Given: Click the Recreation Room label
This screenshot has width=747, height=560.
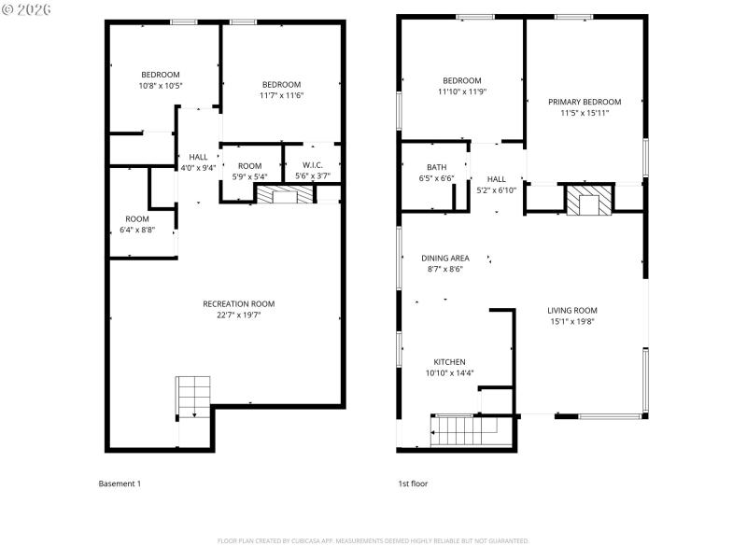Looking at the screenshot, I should click(x=239, y=303).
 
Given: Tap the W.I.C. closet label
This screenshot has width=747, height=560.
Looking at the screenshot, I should click(x=313, y=165).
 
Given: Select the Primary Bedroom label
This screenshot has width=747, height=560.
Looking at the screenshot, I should click(x=585, y=102).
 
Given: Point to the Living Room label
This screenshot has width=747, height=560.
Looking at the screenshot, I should click(x=573, y=311).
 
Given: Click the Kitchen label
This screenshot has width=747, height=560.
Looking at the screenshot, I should click(x=449, y=362).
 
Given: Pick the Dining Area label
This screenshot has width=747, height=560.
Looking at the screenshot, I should click(x=444, y=258).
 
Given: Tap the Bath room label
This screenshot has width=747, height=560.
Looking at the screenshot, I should click(x=437, y=168).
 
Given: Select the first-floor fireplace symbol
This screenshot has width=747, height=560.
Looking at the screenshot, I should click(x=589, y=201).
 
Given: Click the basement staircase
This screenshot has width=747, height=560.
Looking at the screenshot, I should click(x=194, y=397).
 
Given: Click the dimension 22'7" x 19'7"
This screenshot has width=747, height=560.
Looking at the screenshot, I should click(x=239, y=315).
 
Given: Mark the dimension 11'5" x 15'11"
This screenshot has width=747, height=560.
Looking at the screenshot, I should click(x=585, y=114).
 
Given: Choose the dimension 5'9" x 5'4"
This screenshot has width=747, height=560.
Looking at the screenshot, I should click(x=249, y=176).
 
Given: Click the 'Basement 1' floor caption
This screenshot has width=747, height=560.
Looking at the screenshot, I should click(x=120, y=483).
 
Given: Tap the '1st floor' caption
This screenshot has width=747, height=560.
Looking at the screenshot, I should click(x=413, y=483).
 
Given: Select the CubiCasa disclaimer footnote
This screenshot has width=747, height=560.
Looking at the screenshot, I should click(x=373, y=540).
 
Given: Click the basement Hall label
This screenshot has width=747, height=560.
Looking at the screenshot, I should click(x=198, y=157).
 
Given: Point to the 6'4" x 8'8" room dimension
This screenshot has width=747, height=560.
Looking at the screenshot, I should click(x=137, y=230).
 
